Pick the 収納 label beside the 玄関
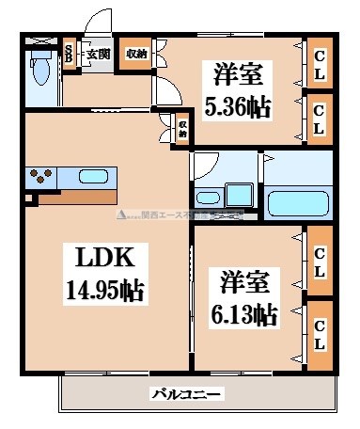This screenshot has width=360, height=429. click(136, 54)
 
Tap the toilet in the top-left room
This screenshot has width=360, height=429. click(40, 71)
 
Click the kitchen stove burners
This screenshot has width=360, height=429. click(42, 177)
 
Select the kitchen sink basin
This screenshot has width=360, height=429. click(93, 176)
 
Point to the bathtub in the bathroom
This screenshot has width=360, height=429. click(295, 201)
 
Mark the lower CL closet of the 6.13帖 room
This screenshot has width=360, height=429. click(320, 333)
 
